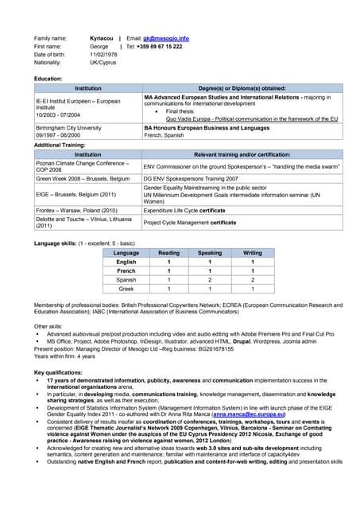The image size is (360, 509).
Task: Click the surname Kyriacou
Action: (102, 38)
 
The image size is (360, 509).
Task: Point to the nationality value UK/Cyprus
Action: (104, 62)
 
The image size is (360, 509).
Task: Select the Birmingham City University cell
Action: (68, 127)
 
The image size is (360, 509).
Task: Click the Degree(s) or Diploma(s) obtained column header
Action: (242, 88)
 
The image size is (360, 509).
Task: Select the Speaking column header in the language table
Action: (210, 253)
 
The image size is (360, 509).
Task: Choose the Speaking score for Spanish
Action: (210, 280)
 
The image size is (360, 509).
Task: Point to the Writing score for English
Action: (253, 262)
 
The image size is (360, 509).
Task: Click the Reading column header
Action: (168, 253)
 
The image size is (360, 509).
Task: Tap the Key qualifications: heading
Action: (61, 372)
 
